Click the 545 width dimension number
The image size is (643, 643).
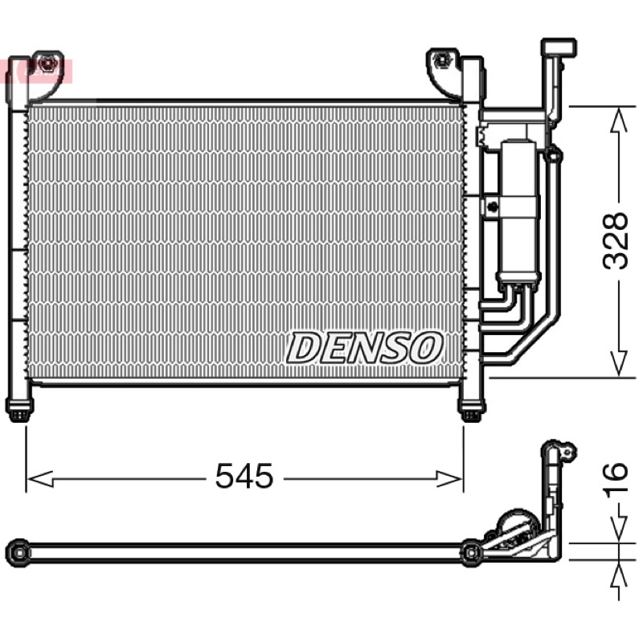tap(244, 476)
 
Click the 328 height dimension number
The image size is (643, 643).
tap(615, 240)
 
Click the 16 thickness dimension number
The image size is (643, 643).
tap(615, 477)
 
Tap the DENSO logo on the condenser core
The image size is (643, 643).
tap(365, 348)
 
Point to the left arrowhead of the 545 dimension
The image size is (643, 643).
tap(39, 478)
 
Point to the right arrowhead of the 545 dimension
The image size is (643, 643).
tap(450, 478)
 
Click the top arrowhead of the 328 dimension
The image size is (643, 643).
tap(619, 119)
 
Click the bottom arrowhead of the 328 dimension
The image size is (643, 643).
tap(619, 364)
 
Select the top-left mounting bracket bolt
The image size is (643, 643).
tap(47, 63)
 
